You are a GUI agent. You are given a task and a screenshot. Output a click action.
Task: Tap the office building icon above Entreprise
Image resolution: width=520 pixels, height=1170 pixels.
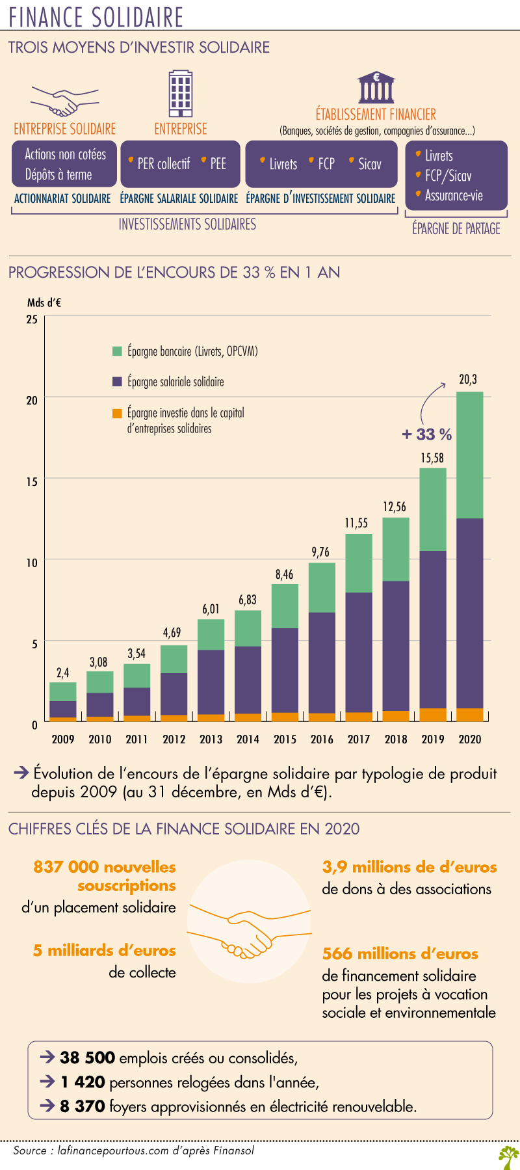click(x=181, y=94)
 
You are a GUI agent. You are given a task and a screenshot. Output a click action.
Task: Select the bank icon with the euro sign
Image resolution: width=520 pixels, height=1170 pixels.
click(x=376, y=87)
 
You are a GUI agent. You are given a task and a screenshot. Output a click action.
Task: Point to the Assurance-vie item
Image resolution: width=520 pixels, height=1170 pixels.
click(x=454, y=195)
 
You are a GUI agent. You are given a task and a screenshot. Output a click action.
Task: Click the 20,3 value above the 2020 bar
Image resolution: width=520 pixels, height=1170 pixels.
click(x=468, y=379)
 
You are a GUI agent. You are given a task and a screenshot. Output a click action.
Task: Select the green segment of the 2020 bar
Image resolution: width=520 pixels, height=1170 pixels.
click(x=469, y=455)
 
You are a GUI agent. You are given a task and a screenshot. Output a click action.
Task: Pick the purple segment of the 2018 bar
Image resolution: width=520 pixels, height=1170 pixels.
click(x=396, y=646)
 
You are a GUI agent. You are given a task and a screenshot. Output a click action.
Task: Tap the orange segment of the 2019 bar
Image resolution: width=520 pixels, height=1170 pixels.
click(x=433, y=715)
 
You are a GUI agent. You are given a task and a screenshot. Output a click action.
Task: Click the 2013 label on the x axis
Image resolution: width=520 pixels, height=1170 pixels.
click(x=211, y=739)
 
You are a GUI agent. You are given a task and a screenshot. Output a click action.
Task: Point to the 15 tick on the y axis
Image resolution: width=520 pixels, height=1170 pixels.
click(x=32, y=481)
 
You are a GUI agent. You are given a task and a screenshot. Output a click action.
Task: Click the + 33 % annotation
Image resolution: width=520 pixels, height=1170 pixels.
click(x=427, y=434)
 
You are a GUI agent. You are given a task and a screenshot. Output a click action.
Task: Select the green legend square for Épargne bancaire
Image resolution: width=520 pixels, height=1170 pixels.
click(x=117, y=351)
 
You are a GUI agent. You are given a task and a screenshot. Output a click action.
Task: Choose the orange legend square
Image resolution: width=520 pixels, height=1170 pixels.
click(x=117, y=413)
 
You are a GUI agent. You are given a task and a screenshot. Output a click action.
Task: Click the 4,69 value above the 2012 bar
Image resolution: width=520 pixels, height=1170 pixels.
click(x=172, y=633)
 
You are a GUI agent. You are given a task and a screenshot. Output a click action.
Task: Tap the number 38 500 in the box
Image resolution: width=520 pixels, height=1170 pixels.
click(x=87, y=1057)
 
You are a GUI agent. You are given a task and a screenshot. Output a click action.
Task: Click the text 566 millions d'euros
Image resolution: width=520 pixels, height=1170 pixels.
click(x=400, y=954)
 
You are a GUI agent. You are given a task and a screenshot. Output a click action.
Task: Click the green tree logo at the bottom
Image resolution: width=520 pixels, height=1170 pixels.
click(x=508, y=1157)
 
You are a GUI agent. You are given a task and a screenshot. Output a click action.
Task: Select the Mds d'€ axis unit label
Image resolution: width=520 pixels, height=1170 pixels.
click(x=44, y=302)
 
